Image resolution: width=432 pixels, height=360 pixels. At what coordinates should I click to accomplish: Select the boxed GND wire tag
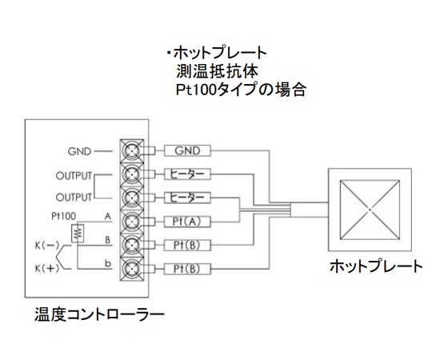[x=186, y=150]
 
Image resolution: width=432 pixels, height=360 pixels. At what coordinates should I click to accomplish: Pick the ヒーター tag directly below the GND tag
[x=186, y=174]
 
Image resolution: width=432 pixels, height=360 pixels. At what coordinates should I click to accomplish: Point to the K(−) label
[x=46, y=245]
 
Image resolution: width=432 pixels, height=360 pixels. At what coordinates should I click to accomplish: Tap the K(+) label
[x=46, y=267]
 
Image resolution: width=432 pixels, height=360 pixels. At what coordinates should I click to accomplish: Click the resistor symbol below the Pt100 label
[x=78, y=233]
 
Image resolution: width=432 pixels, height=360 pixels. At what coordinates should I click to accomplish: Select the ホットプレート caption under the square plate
[x=376, y=267]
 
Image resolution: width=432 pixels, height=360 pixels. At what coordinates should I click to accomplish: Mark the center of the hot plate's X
[x=370, y=209]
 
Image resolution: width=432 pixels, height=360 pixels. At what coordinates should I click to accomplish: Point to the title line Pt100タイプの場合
[x=240, y=89]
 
